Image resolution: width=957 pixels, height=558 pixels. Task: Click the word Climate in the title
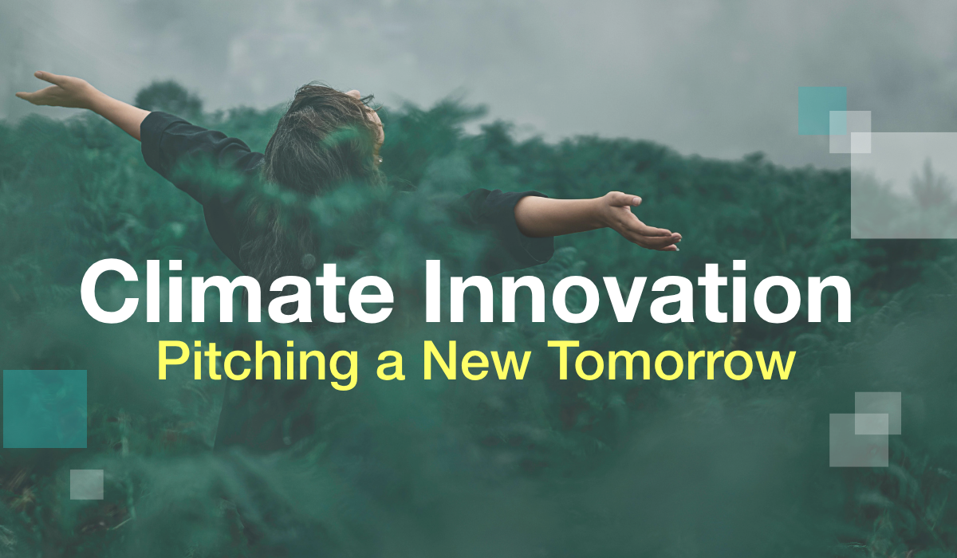pos(237,292)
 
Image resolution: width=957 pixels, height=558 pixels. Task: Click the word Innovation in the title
pos(637,292)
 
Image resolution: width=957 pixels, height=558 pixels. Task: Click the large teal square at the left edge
pos(45,409)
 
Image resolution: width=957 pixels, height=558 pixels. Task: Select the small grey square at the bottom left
pos(87,484)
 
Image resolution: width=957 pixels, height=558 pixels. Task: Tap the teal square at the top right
pos(822,111)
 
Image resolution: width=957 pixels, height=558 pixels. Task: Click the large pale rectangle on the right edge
pos(904,185)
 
